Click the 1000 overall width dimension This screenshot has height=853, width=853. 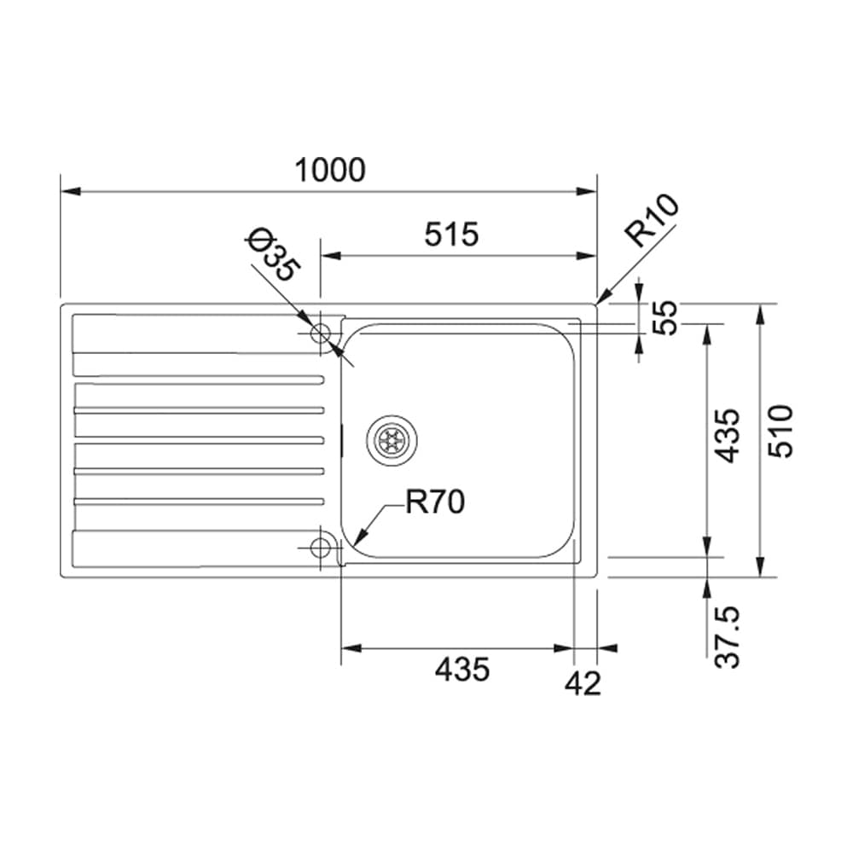(329, 171)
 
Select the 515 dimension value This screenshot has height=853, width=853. (451, 235)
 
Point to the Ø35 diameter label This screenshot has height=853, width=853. (273, 256)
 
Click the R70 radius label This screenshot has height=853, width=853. (435, 502)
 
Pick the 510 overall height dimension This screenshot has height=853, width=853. (780, 431)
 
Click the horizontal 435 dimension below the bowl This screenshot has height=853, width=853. (462, 669)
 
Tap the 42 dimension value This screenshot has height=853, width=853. (583, 683)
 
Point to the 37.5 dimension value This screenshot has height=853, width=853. (728, 636)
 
